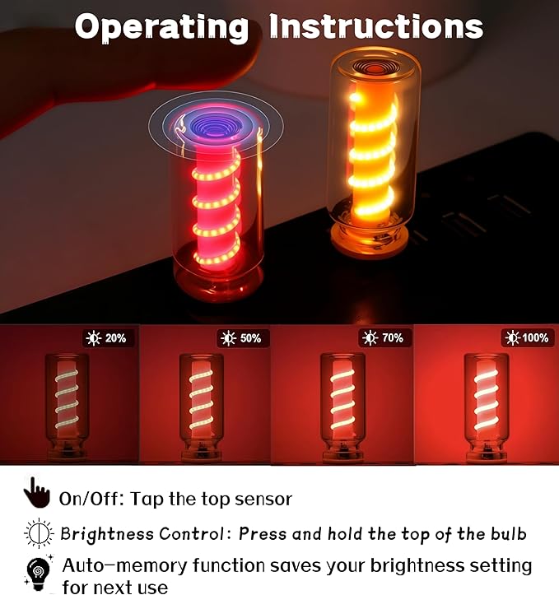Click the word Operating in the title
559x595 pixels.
point(161,26)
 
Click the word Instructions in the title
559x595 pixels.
point(376,26)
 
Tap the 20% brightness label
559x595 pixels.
point(109,337)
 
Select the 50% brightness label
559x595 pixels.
point(243,337)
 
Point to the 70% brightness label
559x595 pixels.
point(384,337)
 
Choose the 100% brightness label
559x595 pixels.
point(528,337)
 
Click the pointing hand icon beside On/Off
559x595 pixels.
point(37,493)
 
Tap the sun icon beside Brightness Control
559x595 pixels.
point(39,533)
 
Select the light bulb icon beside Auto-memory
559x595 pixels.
point(38,573)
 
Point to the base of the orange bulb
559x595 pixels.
point(369,239)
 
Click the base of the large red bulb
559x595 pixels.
point(218,281)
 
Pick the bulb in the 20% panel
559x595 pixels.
point(67,407)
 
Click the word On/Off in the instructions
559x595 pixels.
point(91,499)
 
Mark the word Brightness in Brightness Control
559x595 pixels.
point(107,534)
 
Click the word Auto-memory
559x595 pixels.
point(124,565)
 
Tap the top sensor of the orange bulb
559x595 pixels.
point(374,67)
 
